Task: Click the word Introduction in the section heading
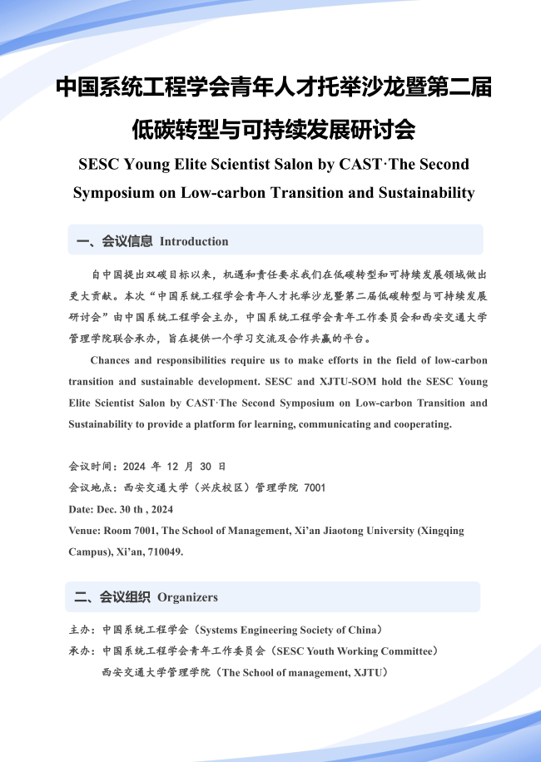coord(194,241)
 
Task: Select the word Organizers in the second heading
coord(187,596)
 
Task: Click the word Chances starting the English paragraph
coord(111,360)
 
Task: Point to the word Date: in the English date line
coord(82,509)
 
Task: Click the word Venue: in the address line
coord(85,531)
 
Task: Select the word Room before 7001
coord(120,531)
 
